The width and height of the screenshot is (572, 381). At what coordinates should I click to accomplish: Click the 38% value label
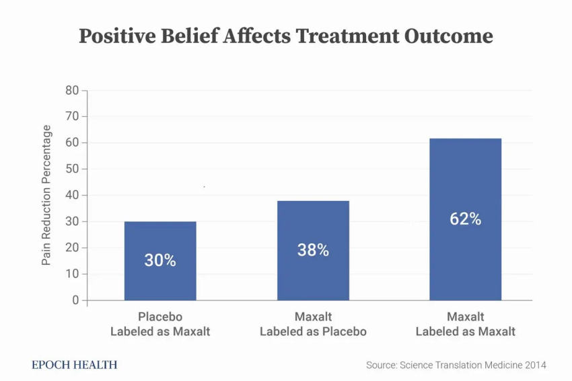tap(313, 251)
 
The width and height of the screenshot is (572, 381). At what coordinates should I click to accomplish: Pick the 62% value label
tap(466, 219)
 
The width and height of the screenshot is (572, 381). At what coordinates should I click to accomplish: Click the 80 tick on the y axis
tap(72, 91)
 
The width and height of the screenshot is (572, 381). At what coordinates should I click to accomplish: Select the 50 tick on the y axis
tap(72, 169)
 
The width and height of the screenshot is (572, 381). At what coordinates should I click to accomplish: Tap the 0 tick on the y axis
tap(75, 300)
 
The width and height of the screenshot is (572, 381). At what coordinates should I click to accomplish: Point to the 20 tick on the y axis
tap(72, 248)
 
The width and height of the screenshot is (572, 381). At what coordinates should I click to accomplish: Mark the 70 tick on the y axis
tap(72, 117)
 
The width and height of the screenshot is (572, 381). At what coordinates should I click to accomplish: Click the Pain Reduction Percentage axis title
tap(46, 196)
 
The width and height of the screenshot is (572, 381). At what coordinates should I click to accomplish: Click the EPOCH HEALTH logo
tap(75, 365)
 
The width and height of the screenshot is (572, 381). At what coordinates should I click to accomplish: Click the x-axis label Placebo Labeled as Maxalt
tap(160, 324)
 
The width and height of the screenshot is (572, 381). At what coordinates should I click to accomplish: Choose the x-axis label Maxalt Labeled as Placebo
tap(313, 324)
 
